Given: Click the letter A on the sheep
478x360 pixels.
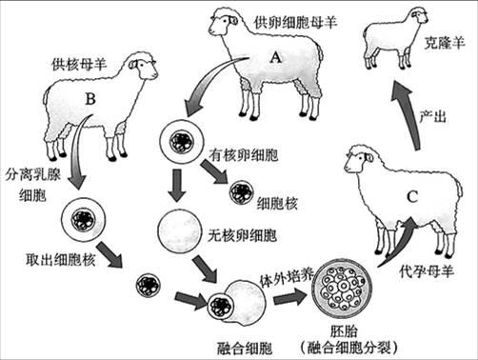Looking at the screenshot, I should tap(275, 56).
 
